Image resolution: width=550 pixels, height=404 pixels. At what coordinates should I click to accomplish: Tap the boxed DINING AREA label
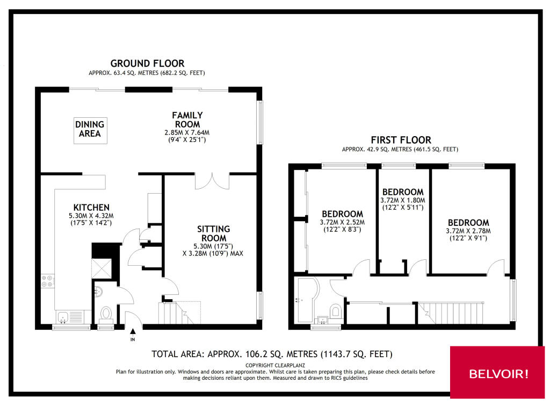(90, 130)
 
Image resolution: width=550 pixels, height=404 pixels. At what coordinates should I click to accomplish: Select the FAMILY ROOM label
(187, 119)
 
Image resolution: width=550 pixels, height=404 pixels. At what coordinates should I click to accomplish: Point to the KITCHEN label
(91, 207)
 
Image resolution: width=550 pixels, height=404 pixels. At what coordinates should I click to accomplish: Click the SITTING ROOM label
(213, 233)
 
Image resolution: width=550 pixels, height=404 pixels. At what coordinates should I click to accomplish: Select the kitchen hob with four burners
(47, 281)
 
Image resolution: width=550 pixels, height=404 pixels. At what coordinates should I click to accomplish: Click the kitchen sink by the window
(64, 316)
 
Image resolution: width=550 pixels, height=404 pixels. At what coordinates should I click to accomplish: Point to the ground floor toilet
(105, 314)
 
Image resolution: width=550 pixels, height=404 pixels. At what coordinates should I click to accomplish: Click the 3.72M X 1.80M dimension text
(403, 200)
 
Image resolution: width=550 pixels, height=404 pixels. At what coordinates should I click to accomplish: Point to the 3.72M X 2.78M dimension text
(468, 231)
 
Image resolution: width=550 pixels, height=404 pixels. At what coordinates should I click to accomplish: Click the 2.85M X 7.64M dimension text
(187, 132)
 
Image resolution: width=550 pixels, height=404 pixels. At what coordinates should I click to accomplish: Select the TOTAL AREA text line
(272, 354)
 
